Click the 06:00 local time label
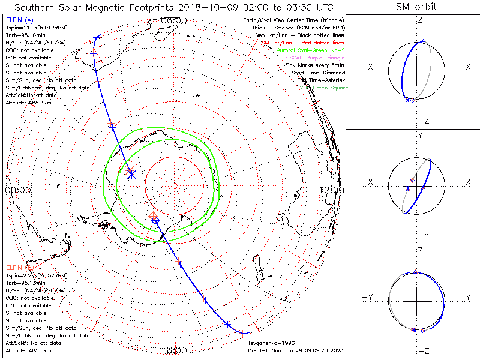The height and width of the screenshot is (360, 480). click(174, 21)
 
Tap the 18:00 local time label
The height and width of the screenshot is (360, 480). click(174, 350)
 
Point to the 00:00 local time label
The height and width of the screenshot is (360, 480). click(18, 190)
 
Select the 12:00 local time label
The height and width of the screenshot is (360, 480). click(331, 190)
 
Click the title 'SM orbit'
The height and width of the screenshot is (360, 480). click(416, 7)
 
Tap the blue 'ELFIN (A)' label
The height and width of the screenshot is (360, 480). click(19, 20)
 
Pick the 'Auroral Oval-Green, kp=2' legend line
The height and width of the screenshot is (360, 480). click(311, 50)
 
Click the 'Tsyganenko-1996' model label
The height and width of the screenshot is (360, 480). click(268, 343)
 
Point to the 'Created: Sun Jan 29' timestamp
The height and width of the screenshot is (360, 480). click(296, 350)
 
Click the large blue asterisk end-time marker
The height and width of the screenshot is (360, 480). click(132, 174)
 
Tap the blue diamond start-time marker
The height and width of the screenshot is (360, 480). click(156, 221)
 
